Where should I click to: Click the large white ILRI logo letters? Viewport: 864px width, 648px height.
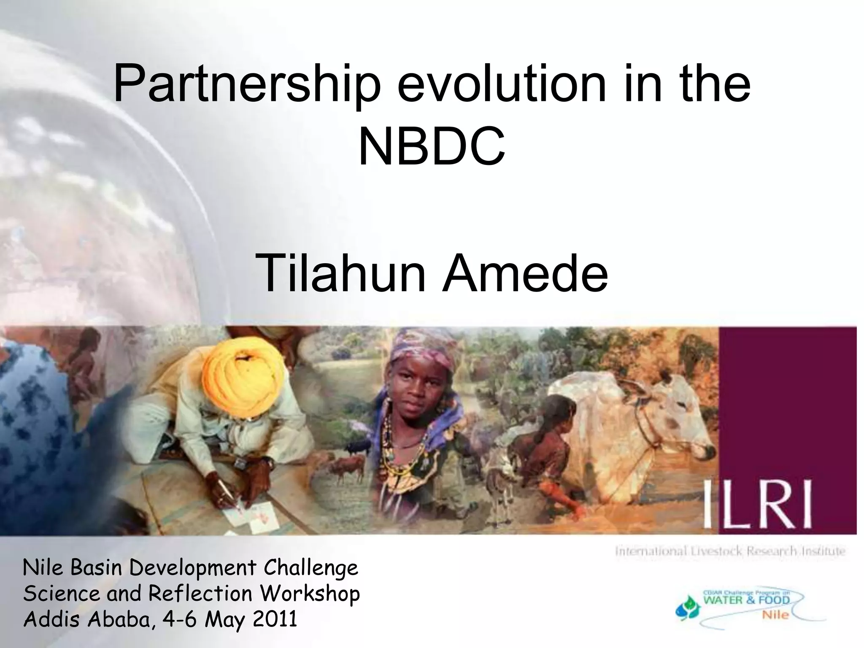pyautogui.click(x=757, y=505)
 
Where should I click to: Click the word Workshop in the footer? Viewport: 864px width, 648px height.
pyautogui.click(x=310, y=594)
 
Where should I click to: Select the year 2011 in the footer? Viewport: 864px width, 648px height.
pyautogui.click(x=275, y=619)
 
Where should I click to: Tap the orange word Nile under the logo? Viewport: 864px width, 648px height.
pyautogui.click(x=775, y=615)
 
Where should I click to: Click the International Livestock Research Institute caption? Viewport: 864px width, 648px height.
pyautogui.click(x=730, y=551)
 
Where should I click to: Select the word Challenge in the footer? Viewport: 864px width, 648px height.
pyautogui.click(x=311, y=568)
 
